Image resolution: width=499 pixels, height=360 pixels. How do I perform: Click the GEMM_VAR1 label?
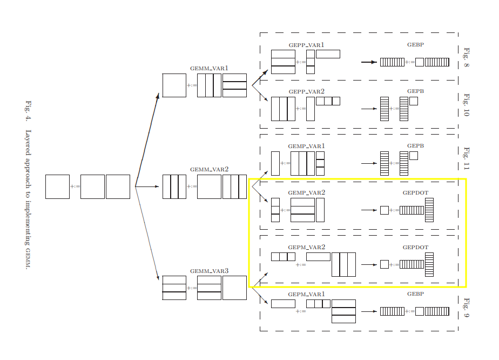pos(209,69)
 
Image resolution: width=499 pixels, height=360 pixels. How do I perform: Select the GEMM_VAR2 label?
pos(209,169)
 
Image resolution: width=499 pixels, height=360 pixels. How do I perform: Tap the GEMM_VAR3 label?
pos(209,271)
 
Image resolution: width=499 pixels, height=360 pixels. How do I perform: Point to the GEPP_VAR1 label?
pos(306,45)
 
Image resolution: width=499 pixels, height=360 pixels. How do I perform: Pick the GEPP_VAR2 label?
pos(306,92)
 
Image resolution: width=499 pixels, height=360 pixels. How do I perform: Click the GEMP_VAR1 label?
pos(306,146)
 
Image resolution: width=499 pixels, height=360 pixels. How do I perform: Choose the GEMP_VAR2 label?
pos(306,192)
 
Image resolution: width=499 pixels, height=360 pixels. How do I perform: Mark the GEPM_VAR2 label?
pos(306,247)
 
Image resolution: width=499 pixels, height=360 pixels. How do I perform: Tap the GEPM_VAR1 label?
pos(306,294)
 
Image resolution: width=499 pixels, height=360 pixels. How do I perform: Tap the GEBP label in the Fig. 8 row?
pos(415,44)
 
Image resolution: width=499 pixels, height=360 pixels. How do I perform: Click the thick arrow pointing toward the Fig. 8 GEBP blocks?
pos(369,62)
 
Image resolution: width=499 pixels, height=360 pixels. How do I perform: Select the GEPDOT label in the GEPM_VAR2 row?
pos(415,247)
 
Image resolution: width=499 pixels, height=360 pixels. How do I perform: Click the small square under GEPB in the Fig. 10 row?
pos(414,101)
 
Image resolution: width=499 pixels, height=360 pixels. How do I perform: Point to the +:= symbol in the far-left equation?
pos(75,186)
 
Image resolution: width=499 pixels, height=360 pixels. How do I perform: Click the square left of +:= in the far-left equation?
pos(57,186)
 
